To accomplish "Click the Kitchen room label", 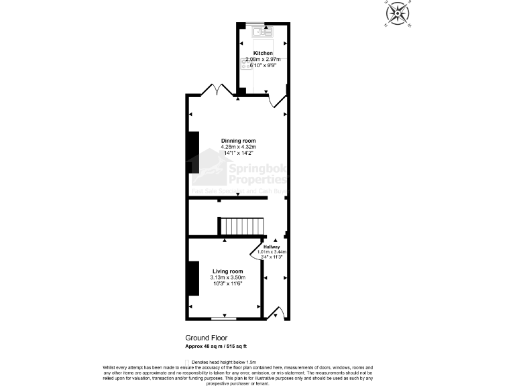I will coord(263,53).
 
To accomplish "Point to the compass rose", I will coord(398,13).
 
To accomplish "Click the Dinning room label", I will coord(239,141).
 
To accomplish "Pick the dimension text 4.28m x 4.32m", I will coord(239,147).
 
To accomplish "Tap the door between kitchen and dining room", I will coord(277,101).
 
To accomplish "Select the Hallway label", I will coord(271,247).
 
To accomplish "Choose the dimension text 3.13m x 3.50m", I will coord(227,277).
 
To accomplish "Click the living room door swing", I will coord(257,251).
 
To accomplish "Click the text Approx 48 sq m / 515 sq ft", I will coord(216,346).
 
